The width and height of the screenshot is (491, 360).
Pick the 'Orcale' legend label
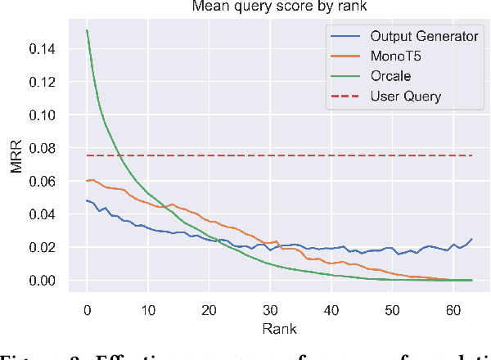tap(392, 76)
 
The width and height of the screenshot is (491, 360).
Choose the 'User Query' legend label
tap(405, 97)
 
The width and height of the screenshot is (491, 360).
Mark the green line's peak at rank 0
tap(87, 30)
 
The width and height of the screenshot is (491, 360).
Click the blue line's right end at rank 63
tap(471, 239)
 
